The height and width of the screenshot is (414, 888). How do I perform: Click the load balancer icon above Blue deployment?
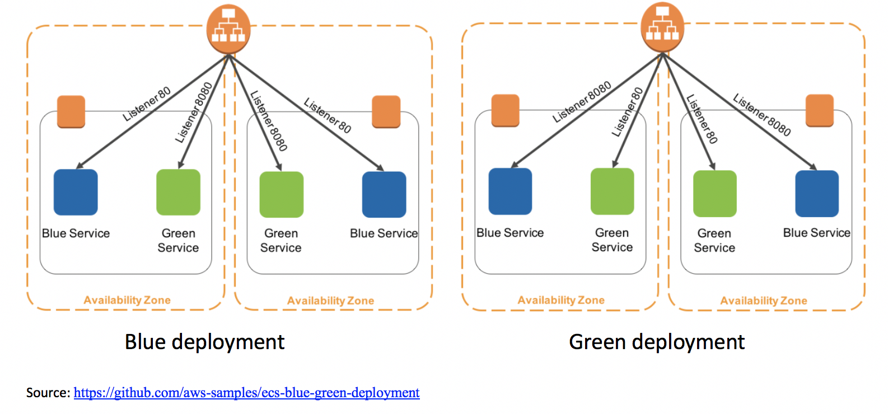click(228, 29)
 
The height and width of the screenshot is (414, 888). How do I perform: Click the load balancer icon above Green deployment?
click(662, 27)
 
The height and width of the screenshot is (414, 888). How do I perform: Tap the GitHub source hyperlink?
click(246, 393)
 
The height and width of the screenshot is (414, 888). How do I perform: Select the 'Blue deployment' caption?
click(204, 342)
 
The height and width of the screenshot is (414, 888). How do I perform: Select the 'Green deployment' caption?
click(656, 342)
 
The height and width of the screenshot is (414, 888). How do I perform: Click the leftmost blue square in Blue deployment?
click(76, 192)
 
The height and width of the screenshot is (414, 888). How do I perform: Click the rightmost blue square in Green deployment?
click(817, 194)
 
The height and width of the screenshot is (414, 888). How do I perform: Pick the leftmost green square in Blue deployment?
click(178, 192)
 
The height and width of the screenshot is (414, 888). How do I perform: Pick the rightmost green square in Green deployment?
click(714, 194)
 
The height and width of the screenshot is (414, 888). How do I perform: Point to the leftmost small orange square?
click(71, 111)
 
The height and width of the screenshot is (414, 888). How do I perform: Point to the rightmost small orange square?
click(820, 110)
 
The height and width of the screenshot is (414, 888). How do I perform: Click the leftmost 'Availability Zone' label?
click(127, 300)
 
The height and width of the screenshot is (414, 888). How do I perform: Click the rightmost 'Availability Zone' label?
click(764, 301)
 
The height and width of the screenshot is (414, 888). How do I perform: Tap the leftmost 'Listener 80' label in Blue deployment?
click(146, 105)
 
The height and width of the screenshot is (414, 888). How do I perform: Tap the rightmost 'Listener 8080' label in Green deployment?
click(762, 115)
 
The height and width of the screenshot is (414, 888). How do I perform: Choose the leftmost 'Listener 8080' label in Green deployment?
click(581, 102)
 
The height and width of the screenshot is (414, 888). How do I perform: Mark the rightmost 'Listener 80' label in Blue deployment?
click(328, 115)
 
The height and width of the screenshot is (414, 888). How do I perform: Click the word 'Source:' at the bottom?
click(48, 393)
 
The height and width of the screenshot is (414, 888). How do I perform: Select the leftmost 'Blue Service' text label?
click(76, 233)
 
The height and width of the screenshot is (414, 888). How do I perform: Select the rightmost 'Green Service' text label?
click(714, 241)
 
